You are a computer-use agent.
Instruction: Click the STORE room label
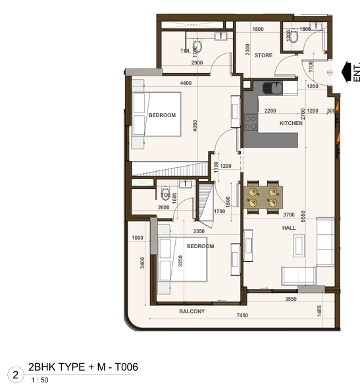tap(263, 55)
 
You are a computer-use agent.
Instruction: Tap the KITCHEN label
tap(291, 123)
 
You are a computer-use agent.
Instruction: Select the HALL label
tap(289, 228)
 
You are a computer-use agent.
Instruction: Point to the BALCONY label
tap(192, 311)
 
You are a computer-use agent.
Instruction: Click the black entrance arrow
tap(346, 72)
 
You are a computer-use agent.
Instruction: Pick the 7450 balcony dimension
tap(242, 315)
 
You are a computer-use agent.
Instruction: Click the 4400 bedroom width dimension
tap(186, 83)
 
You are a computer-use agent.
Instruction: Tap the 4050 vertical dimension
tap(195, 126)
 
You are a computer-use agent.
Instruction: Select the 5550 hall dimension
tap(303, 216)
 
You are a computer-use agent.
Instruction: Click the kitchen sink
tap(272, 88)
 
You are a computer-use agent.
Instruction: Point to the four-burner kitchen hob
tap(251, 122)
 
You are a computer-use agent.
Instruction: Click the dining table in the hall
tap(263, 197)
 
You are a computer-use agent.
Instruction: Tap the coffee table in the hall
tap(299, 245)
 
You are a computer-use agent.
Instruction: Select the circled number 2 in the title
tap(16, 374)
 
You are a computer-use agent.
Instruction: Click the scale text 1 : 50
tap(39, 380)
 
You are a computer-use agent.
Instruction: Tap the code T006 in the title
tap(126, 367)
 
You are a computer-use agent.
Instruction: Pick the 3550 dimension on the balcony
tap(291, 299)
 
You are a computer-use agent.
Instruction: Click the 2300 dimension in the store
tap(247, 49)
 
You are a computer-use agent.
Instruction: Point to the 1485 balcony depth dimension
tap(319, 311)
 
